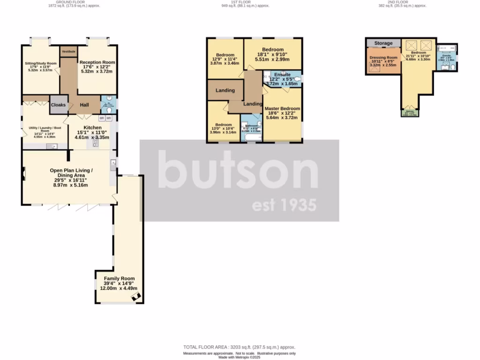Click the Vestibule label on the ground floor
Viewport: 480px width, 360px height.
68,51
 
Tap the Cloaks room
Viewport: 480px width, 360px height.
58,105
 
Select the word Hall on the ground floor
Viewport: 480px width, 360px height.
84,105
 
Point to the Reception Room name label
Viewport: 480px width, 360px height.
97,62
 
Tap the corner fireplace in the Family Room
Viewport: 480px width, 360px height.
136,296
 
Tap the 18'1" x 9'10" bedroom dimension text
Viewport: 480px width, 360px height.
273,55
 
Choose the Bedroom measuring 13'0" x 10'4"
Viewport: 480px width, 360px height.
224,125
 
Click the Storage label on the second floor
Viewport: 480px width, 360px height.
383,44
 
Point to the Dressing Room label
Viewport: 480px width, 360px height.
383,57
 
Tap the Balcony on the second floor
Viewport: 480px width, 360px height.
410,112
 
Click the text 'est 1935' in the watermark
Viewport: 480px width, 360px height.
284,205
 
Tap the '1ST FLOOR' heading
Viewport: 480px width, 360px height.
240,2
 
